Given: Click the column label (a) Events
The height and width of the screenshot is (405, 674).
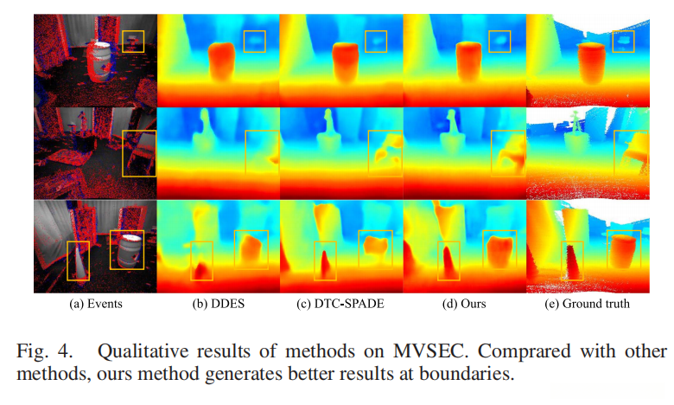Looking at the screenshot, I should [96, 304].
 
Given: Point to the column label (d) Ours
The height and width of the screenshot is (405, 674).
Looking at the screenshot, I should [463, 304].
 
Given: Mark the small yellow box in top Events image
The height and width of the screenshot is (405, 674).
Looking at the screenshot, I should [133, 41].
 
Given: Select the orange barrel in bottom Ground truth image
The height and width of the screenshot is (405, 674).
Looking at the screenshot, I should [624, 249].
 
